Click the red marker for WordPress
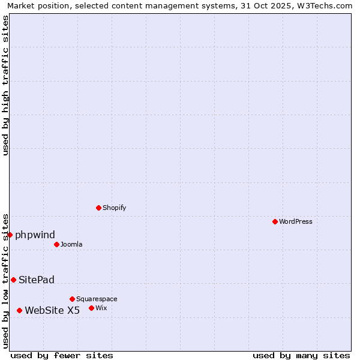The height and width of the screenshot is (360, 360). tap(275, 221)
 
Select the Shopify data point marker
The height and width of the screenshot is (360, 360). tap(98, 208)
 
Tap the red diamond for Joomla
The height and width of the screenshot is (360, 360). tap(56, 244)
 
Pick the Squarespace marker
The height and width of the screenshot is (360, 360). tap(72, 299)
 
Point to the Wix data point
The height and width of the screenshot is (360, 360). tap(91, 308)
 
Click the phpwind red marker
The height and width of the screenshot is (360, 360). tap(10, 235)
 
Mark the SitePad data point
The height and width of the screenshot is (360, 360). tap(13, 280)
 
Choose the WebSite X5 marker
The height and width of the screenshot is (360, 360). tap(19, 310)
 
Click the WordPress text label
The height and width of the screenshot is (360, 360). tap(296, 221)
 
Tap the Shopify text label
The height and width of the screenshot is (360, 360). tap(114, 208)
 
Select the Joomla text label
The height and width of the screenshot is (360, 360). tap(71, 244)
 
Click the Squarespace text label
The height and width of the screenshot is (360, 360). tap(97, 299)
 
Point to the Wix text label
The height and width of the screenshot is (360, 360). tap(101, 308)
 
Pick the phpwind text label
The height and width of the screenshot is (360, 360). tap(35, 235)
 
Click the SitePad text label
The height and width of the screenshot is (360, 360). tap(37, 280)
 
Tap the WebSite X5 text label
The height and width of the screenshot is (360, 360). tap(52, 310)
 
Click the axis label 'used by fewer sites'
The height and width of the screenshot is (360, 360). tap(62, 355)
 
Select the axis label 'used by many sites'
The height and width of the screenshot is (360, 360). tap(301, 355)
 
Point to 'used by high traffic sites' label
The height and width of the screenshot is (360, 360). tap(5, 85)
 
